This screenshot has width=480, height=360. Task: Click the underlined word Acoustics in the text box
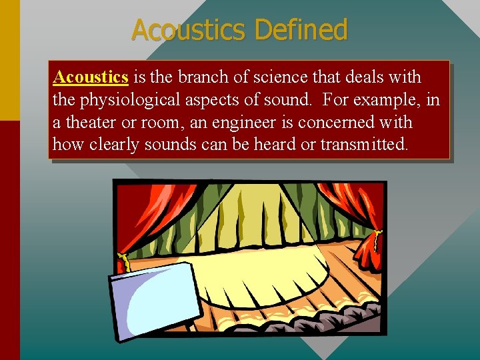coord(91,77)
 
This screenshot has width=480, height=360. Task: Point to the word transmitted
coord(363,145)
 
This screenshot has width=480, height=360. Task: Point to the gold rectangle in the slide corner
coord(9,60)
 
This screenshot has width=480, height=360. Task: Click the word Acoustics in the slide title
coord(189,30)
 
